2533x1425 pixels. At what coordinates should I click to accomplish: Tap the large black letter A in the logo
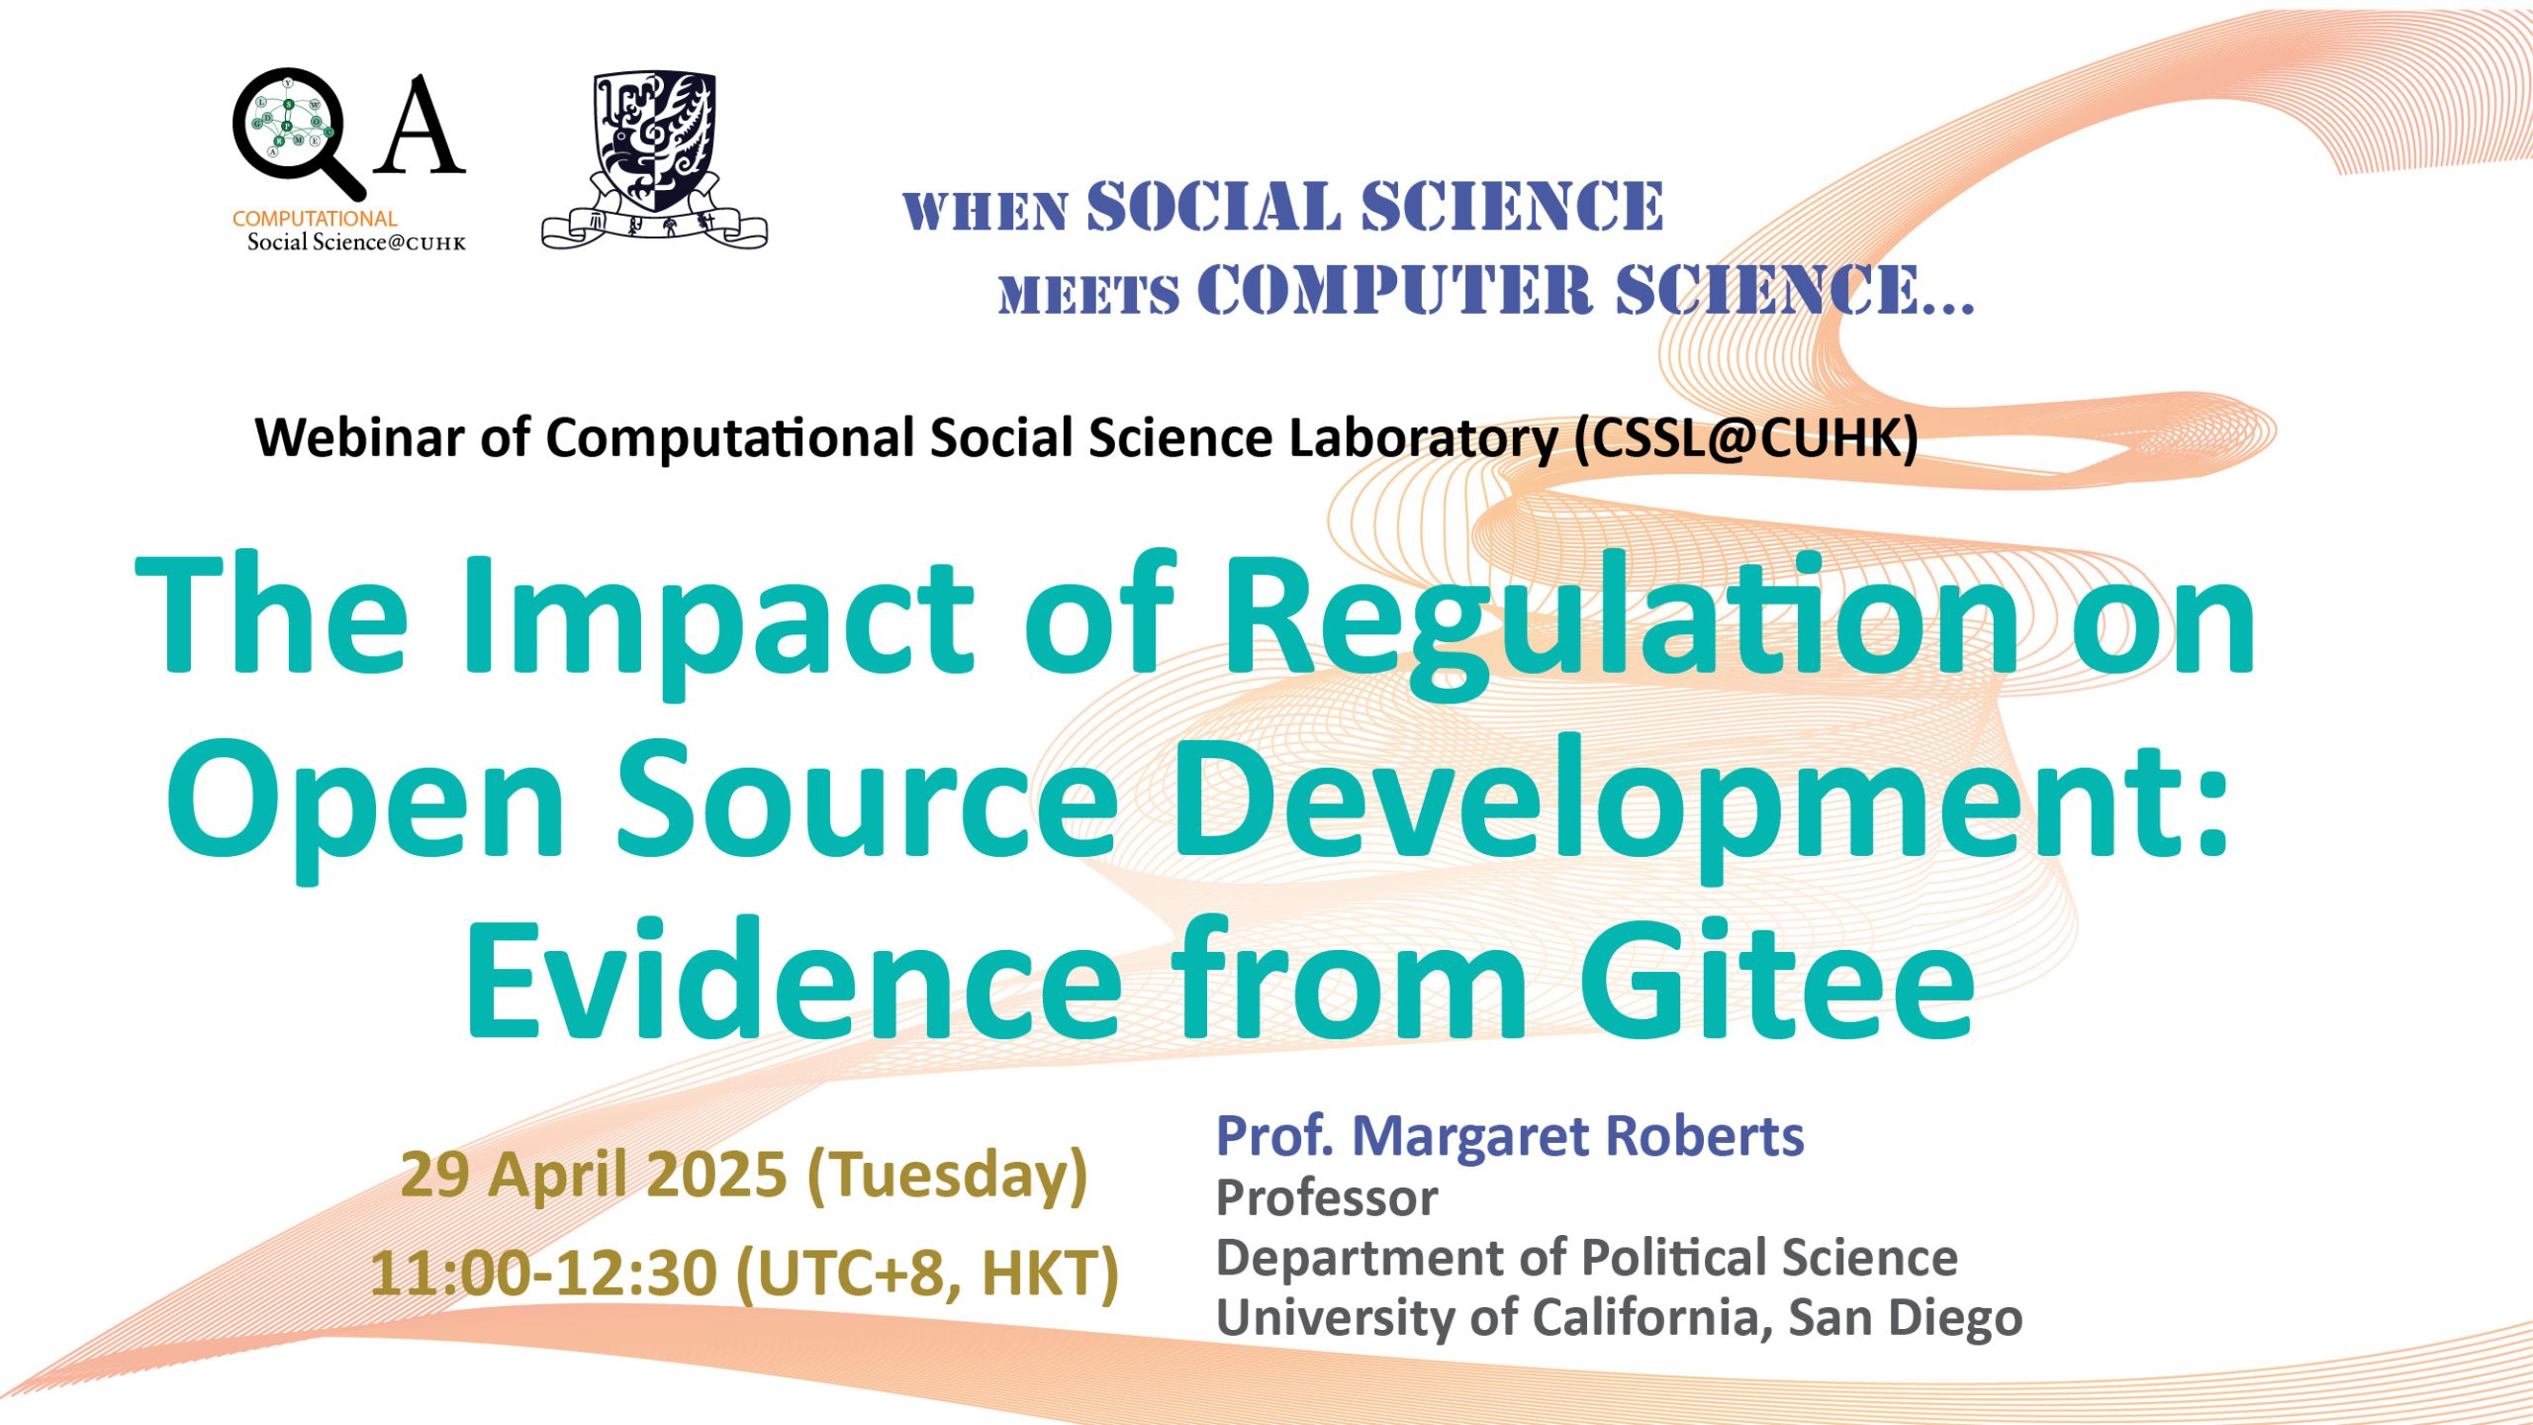(x=421, y=126)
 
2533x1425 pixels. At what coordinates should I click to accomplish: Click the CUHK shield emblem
(x=654, y=158)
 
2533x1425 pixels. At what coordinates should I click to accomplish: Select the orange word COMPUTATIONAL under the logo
(x=315, y=219)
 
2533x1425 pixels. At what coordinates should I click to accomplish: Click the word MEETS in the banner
(x=1089, y=295)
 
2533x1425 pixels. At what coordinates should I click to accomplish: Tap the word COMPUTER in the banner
(x=1395, y=290)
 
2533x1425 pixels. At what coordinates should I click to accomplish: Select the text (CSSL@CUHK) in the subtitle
(x=1747, y=438)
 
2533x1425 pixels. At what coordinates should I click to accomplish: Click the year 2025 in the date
(x=716, y=1175)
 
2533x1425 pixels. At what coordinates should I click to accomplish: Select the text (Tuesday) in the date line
(x=948, y=1177)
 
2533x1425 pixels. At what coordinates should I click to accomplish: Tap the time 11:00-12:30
(x=543, y=1273)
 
